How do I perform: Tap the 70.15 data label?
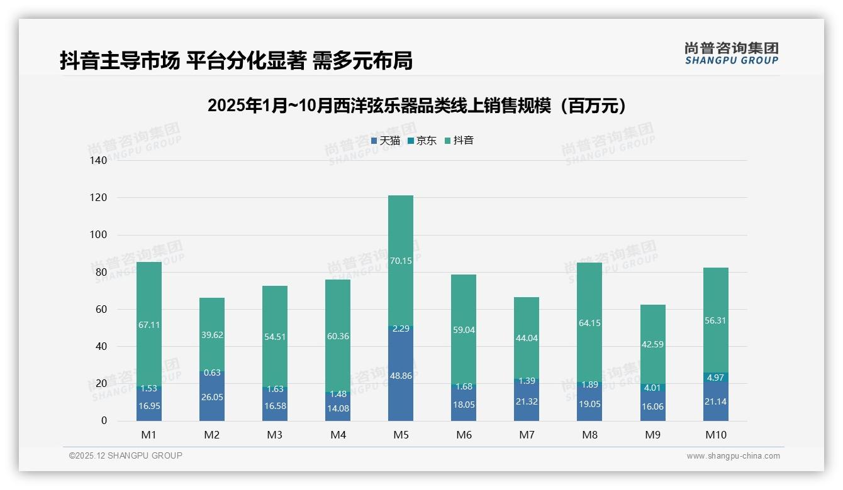[401, 261]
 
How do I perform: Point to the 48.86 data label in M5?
[401, 376]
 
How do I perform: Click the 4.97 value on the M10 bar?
[715, 378]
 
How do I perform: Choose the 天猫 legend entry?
[386, 141]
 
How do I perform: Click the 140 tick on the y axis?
[99, 161]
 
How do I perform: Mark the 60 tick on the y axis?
[101, 309]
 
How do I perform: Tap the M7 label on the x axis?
[527, 435]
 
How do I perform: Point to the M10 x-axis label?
[715, 435]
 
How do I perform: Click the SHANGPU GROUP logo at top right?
[731, 53]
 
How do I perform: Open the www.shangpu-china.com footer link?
[733, 456]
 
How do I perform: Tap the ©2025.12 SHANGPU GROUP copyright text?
[126, 456]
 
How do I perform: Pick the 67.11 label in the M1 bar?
[149, 325]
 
